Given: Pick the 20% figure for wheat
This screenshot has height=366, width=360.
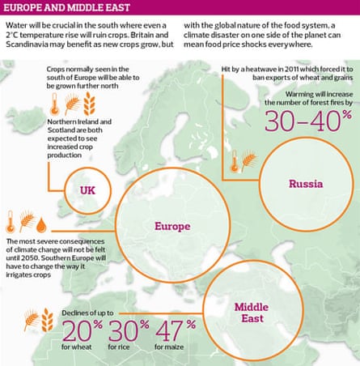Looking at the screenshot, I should pos(80,334).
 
